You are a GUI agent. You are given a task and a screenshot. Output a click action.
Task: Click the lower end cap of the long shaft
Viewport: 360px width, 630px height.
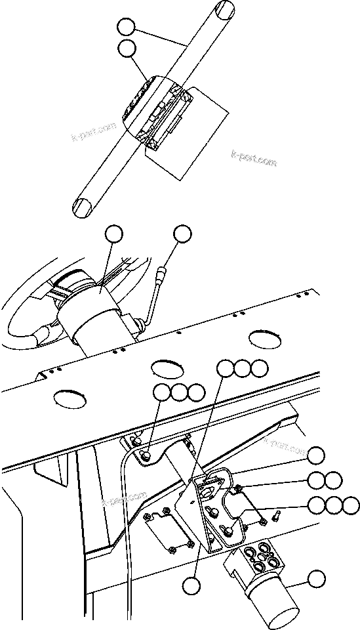[x=83, y=207]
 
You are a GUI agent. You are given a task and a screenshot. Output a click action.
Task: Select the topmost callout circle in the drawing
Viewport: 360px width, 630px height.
[x=127, y=28]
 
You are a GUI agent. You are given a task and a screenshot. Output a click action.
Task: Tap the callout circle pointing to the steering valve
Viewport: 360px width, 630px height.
[x=316, y=578]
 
